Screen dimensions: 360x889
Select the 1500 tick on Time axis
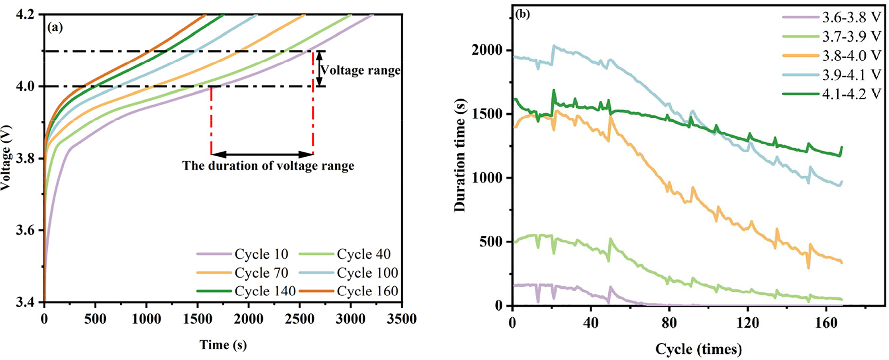coord(197,319)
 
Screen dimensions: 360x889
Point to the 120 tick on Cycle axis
coord(747,323)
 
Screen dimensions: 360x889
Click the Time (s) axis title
coord(223,345)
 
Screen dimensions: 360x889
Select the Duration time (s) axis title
coord(460,155)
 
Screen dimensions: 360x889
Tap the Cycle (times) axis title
coord(699,349)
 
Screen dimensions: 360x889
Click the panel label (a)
coord(55,28)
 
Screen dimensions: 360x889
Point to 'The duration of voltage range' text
coord(268,166)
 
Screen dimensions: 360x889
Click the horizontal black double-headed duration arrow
coord(262,154)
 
